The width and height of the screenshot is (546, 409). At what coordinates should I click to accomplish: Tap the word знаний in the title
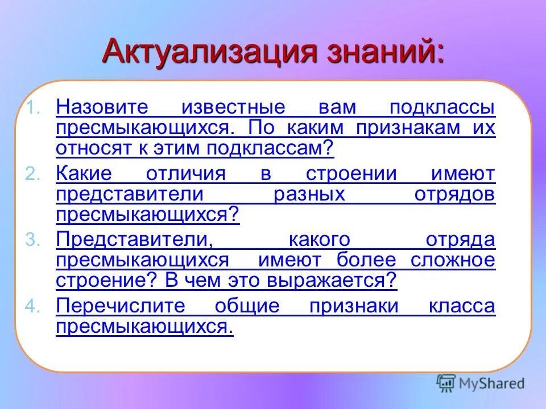(377, 52)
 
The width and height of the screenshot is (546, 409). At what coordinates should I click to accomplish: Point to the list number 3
(34, 240)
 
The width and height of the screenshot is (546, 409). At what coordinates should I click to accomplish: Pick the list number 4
(34, 307)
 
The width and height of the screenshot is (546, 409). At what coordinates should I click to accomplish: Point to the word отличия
(185, 173)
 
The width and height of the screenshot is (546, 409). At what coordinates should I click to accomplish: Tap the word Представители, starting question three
(134, 239)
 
